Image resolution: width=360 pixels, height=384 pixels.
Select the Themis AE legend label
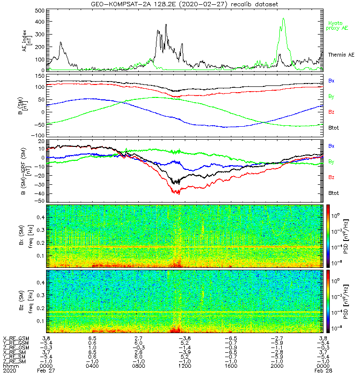click(339, 55)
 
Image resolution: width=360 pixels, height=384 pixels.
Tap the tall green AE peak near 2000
click(284, 19)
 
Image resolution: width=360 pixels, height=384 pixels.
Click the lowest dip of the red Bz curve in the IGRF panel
click(178, 192)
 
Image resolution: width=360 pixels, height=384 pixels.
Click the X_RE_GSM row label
click(16, 338)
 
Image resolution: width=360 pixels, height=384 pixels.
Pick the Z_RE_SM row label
click(15, 361)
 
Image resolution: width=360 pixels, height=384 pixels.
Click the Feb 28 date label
click(322, 371)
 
